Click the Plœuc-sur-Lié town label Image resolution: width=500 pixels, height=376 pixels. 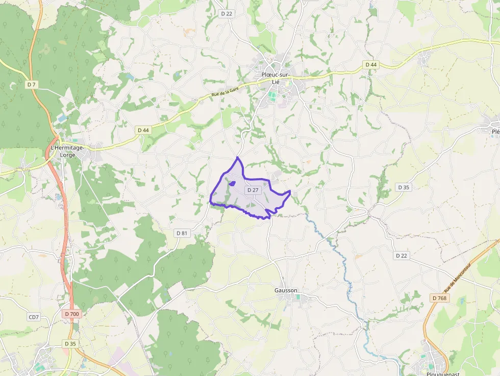coord(276,78)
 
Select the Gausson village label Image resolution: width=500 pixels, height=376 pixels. coord(286,290)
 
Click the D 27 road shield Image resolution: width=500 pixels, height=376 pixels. coord(253,190)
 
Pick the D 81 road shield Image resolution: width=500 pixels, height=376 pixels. coord(182,233)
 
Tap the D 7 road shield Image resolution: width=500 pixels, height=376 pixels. coord(32,84)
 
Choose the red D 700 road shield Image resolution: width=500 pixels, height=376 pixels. coord(72,314)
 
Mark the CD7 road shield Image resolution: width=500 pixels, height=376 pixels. coord(34,317)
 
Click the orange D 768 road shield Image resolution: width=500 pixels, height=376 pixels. coord(439,298)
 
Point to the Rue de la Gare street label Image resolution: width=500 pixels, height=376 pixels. coord(225,92)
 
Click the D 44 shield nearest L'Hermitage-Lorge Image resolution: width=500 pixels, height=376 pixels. coord(143,130)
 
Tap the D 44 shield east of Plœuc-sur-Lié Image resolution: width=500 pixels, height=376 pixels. coord(371,64)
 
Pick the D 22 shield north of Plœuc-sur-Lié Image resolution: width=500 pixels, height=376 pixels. coord(227,14)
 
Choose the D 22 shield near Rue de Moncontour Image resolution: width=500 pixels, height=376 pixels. coord(402,256)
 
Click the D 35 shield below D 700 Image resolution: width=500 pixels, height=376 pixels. coord(70,344)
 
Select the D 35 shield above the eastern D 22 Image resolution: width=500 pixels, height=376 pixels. coord(404,187)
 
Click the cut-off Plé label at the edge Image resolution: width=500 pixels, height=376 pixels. coord(495,132)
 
